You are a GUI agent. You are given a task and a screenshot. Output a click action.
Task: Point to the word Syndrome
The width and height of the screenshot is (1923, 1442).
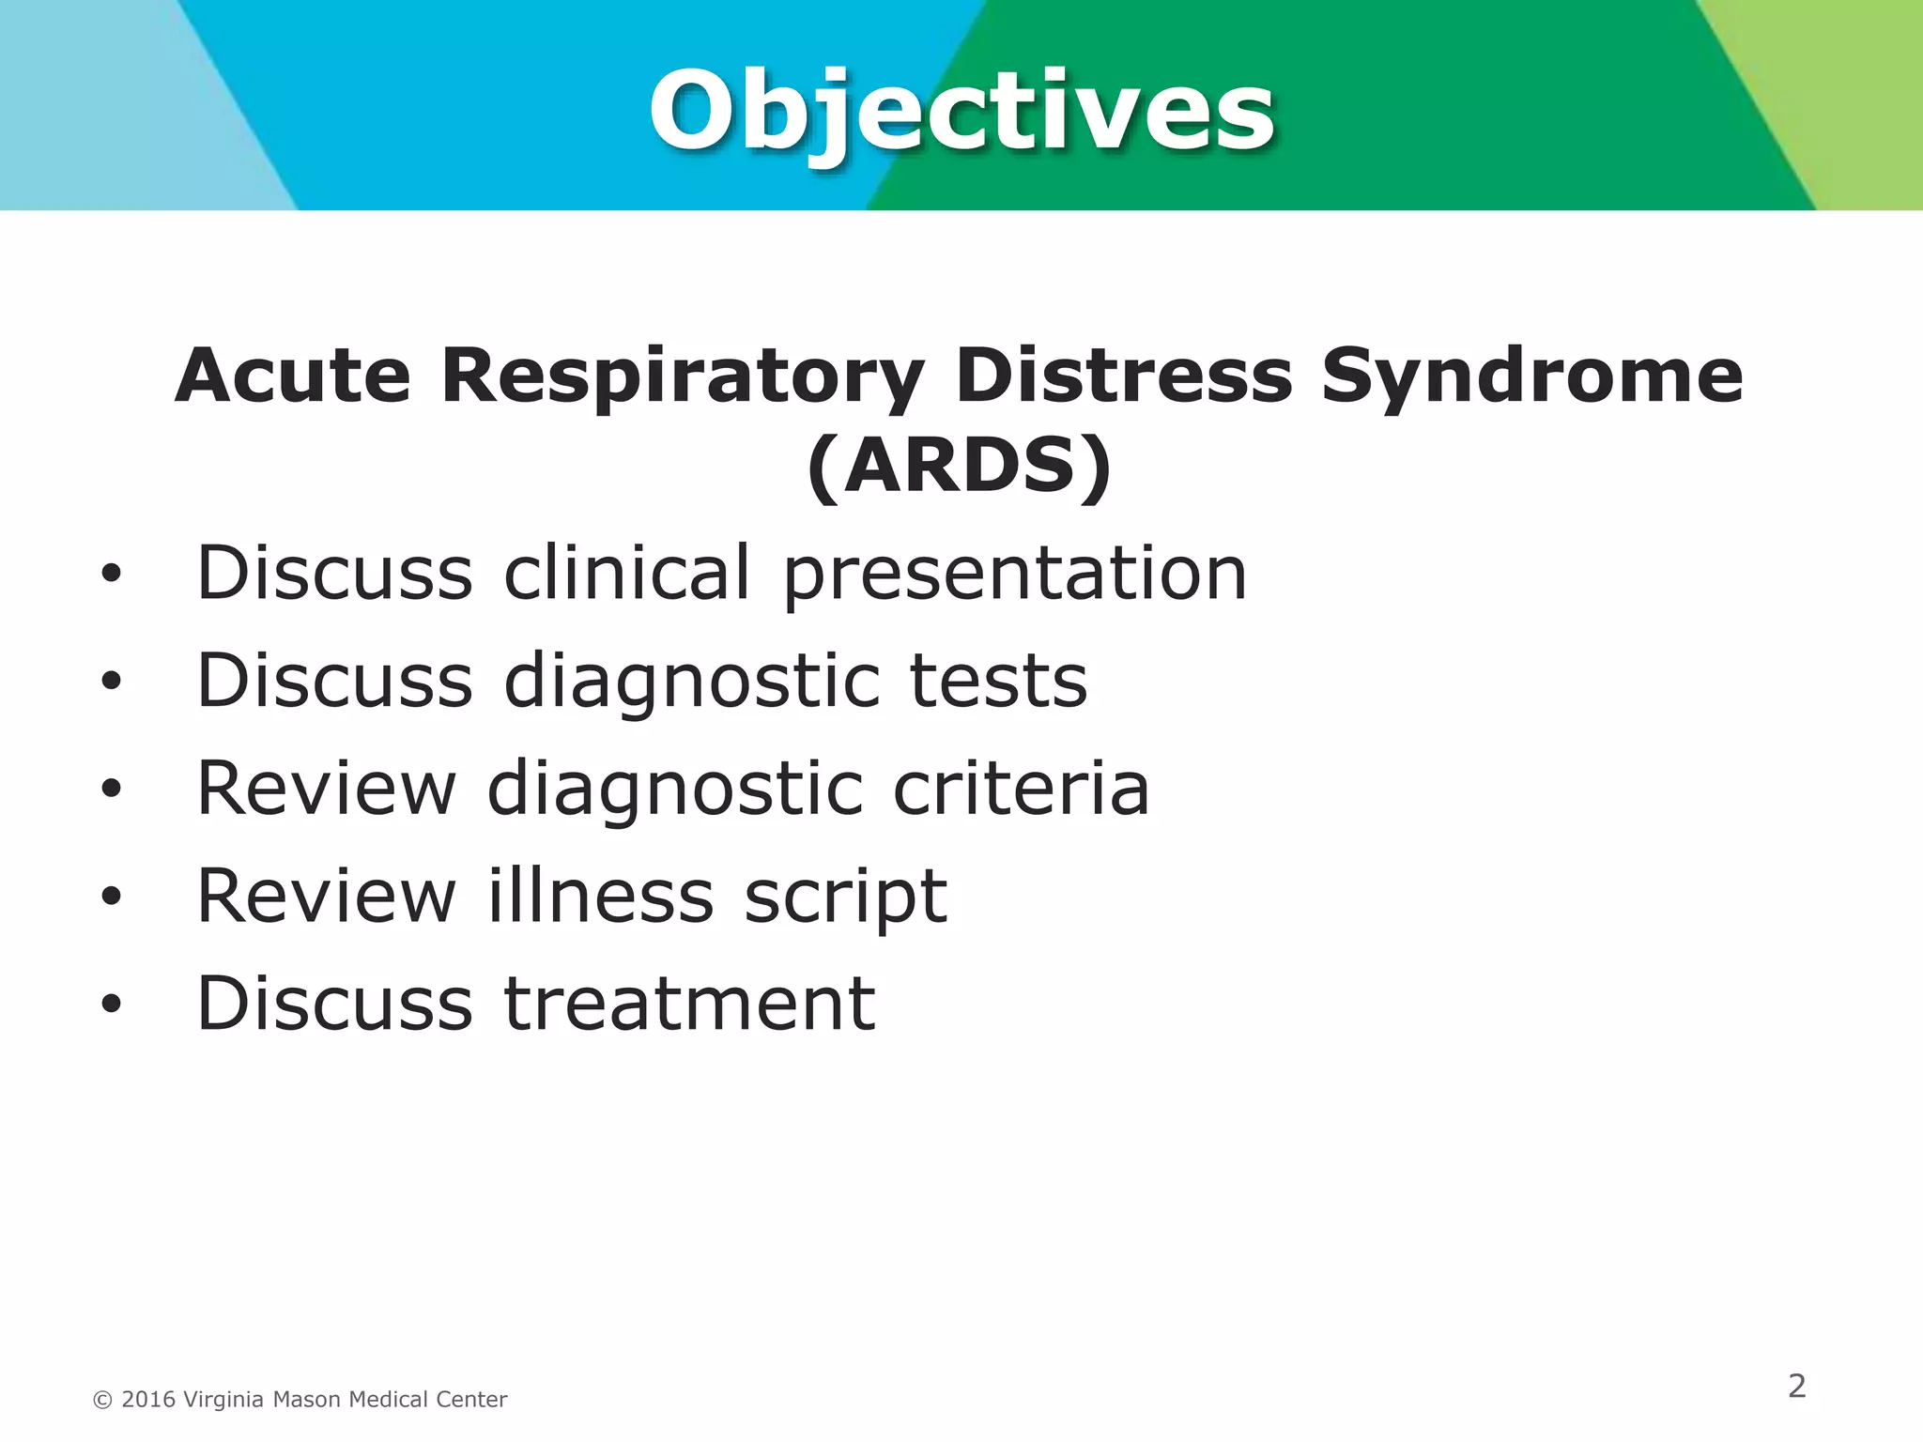tap(1531, 377)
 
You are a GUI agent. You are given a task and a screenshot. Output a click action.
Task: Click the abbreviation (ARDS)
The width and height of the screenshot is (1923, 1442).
tap(960, 466)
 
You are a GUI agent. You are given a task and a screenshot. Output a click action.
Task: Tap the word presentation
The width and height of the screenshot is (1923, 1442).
tap(1015, 575)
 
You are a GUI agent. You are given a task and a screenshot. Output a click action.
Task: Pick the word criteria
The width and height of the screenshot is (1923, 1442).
tap(1021, 789)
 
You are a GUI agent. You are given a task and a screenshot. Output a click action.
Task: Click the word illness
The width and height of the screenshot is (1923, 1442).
tap(600, 896)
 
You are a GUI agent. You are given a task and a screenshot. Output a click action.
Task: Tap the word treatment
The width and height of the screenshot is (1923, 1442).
tap(689, 1004)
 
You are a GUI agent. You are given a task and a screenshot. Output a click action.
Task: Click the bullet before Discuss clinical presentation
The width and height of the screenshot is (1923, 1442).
tap(112, 574)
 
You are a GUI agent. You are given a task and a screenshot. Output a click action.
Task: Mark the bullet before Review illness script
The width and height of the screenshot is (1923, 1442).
tap(112, 897)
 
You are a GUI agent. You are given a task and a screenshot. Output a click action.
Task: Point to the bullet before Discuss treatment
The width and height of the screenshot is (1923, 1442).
tap(112, 1005)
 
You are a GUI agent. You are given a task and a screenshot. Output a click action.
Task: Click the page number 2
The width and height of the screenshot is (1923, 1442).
tap(1796, 1386)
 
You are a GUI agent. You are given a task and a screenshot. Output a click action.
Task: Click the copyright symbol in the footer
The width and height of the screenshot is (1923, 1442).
tap(102, 1401)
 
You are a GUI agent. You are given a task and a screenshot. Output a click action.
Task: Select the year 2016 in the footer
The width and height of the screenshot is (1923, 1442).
tap(148, 1400)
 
